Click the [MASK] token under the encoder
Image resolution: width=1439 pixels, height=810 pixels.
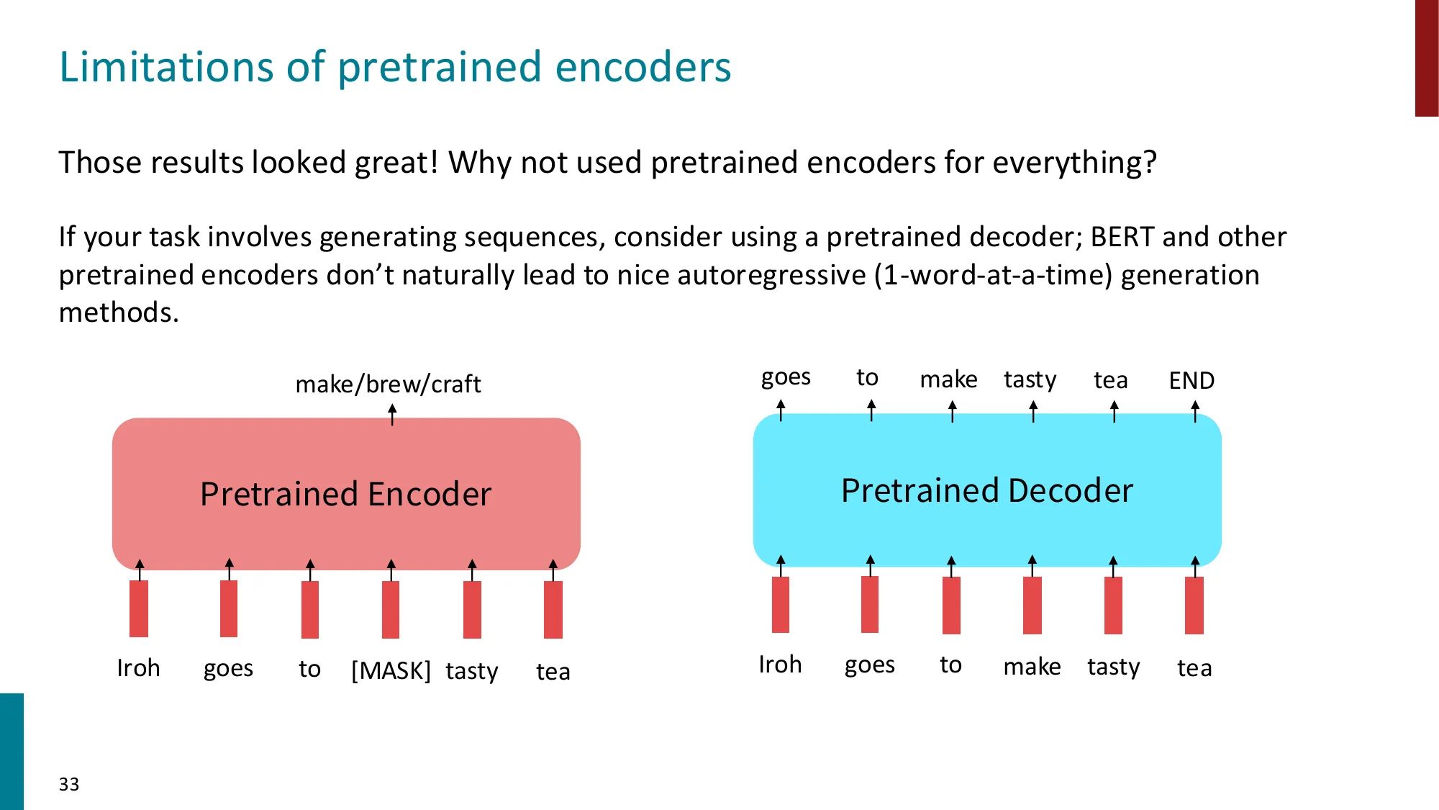(391, 670)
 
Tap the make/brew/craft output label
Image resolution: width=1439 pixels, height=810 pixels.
(388, 384)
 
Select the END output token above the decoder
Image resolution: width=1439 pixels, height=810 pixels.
(1191, 380)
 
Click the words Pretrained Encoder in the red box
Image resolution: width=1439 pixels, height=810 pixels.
(345, 494)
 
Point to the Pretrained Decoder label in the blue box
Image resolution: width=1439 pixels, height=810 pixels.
(986, 490)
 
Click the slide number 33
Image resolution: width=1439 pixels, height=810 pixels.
(69, 784)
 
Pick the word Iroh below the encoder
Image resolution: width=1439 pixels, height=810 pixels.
(138, 668)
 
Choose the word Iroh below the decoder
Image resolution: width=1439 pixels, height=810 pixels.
(780, 665)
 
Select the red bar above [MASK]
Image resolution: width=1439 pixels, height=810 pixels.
(391, 609)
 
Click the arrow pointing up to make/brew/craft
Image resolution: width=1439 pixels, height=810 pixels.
(392, 415)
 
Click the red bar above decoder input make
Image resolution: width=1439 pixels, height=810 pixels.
(1032, 605)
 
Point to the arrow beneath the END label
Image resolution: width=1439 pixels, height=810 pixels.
(1195, 412)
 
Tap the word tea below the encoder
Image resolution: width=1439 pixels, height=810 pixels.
(553, 672)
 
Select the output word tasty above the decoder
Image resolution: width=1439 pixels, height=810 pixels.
(1030, 379)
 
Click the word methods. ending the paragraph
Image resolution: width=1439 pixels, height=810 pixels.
(119, 312)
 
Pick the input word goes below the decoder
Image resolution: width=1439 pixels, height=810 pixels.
(869, 665)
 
